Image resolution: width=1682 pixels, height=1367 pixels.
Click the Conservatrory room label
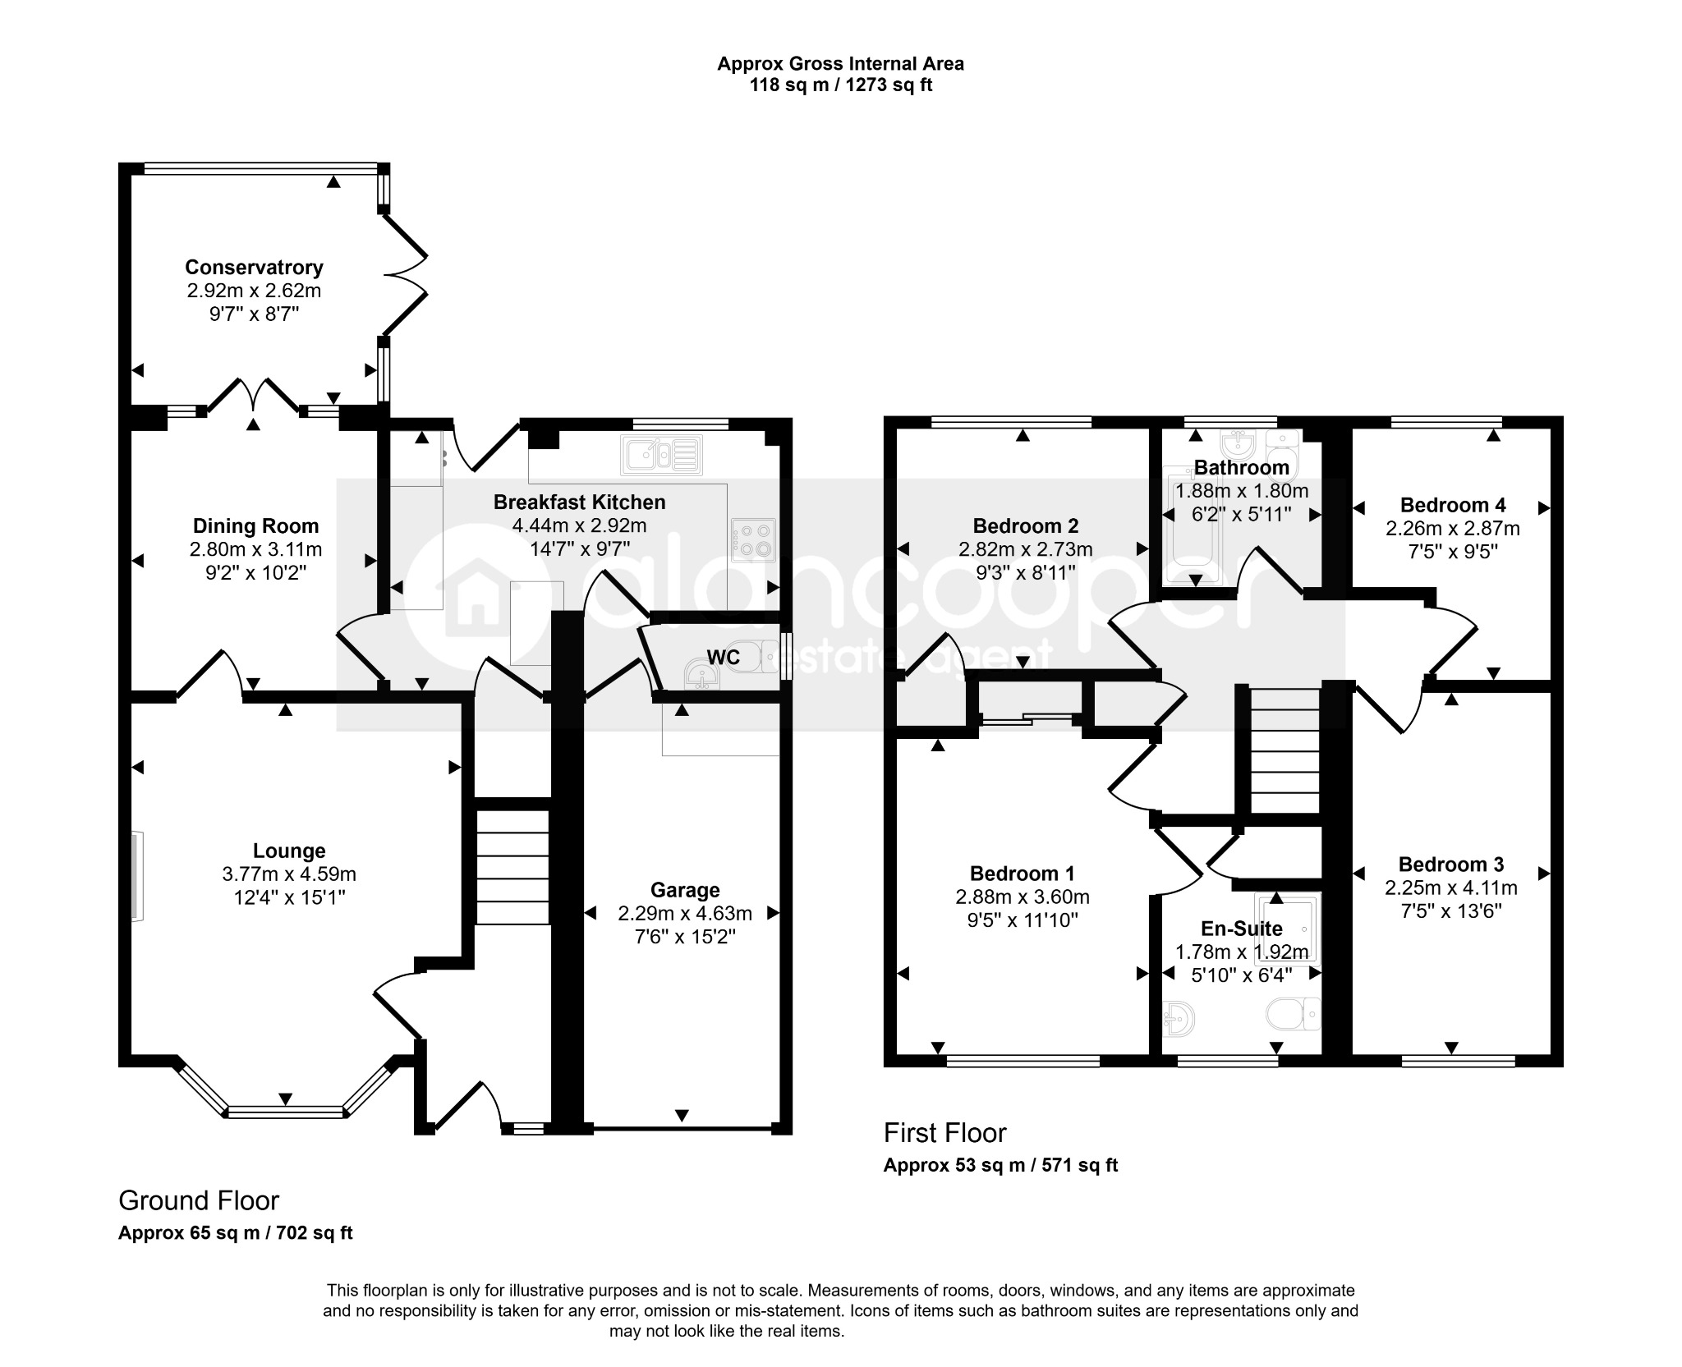tap(254, 267)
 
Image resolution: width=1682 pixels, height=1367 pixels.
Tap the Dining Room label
tap(255, 526)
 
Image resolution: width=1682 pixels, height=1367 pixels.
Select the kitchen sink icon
tap(662, 456)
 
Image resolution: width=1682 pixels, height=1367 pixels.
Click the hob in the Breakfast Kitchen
tap(753, 539)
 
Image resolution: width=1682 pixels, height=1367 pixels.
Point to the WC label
tap(723, 657)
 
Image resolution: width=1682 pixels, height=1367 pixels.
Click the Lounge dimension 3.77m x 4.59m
tap(289, 874)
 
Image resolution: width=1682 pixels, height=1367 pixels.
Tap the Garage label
tap(685, 890)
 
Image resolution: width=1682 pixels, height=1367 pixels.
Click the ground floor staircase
tap(512, 867)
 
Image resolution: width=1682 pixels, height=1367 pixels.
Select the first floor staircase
tap(1284, 750)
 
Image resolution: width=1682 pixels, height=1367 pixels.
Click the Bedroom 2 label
tap(1025, 526)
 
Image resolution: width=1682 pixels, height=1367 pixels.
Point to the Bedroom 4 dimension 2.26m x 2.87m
tap(1452, 529)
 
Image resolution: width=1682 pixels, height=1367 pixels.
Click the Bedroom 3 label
tap(1450, 865)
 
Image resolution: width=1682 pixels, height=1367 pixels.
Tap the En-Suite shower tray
tap(1286, 928)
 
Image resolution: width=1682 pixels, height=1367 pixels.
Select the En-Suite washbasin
tap(1179, 1019)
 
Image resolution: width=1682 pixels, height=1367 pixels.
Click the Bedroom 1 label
tap(1022, 874)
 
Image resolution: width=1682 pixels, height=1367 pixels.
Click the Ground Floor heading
tap(199, 1201)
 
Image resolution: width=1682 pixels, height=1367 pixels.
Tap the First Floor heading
tap(944, 1133)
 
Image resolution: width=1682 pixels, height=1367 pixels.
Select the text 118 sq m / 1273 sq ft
tap(840, 85)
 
